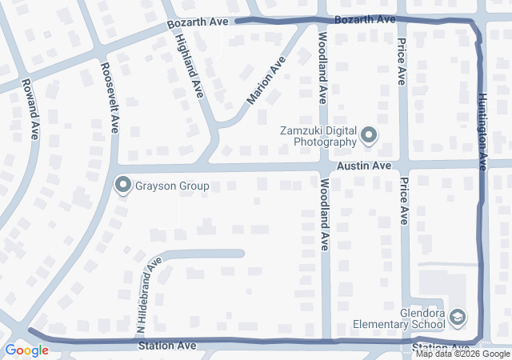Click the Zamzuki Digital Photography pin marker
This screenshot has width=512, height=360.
point(369,136)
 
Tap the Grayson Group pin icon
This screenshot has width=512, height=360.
point(123,186)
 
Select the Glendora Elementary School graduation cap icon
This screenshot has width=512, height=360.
point(457,318)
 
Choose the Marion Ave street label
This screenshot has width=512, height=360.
point(266,81)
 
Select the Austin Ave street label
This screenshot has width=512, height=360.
point(363,166)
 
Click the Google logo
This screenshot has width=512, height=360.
point(26,350)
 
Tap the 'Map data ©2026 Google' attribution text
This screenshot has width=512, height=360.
point(462,354)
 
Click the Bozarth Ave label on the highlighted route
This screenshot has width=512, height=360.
point(365,18)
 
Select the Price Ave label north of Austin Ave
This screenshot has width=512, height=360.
point(402,60)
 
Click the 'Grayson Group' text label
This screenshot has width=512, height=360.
point(171,186)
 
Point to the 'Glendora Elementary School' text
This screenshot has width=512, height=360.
point(399,318)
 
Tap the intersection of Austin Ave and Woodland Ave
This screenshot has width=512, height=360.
point(324,166)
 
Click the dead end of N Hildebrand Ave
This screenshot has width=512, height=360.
point(242,254)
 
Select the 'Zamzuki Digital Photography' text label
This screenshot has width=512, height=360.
point(317,136)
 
